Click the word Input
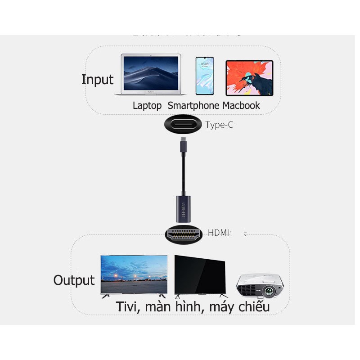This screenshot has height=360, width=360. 97,80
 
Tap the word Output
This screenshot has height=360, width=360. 74,280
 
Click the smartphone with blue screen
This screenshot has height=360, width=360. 205,76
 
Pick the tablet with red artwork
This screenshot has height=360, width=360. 249,78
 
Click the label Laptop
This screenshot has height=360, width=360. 147,106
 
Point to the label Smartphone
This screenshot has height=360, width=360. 193,106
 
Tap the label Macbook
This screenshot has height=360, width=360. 241,106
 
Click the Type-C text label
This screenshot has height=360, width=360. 220,125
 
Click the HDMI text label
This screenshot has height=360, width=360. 219,233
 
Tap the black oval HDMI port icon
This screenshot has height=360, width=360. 183,234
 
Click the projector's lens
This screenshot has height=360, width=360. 270,291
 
